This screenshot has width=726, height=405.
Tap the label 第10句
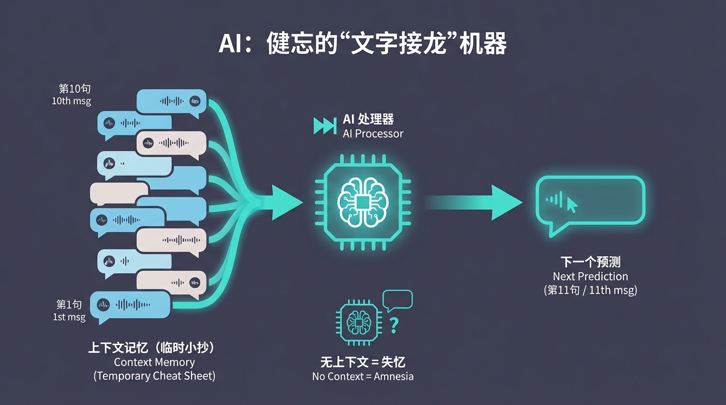(x=74, y=89)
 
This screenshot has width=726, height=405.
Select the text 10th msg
(x=71, y=101)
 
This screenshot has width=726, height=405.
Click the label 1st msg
(x=69, y=317)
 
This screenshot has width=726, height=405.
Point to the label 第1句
(x=69, y=304)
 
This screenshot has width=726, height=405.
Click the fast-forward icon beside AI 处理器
(x=324, y=126)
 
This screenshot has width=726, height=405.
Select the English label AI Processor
(x=373, y=133)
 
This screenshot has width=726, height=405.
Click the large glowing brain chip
(x=362, y=202)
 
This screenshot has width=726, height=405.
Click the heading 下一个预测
(x=590, y=262)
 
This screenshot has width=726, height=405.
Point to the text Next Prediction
(x=590, y=276)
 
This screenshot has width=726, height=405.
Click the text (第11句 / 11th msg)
(x=590, y=290)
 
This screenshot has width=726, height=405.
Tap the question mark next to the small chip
(x=394, y=325)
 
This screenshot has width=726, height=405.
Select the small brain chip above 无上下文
(x=357, y=323)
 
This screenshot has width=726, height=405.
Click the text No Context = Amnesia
(x=363, y=377)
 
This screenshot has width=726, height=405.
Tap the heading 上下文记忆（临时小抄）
(x=154, y=348)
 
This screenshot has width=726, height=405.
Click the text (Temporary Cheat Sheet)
(x=155, y=376)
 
